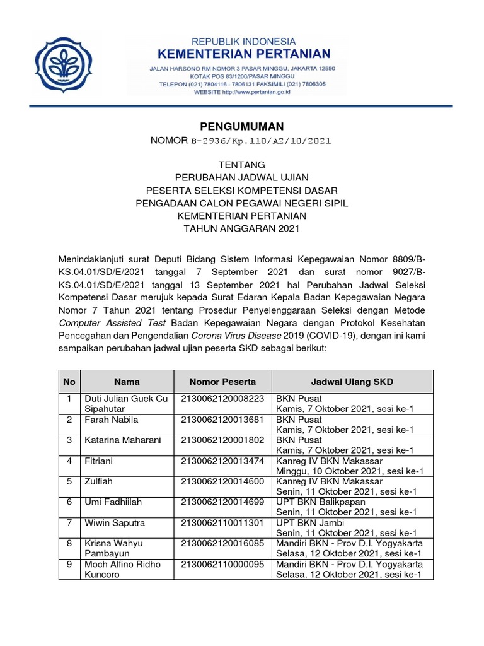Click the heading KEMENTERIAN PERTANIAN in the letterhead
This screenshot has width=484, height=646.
point(244,53)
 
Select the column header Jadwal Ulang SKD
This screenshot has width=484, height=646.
point(352,382)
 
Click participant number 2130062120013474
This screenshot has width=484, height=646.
point(222,461)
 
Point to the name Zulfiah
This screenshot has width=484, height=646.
point(99,481)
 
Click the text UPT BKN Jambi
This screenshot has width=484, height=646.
point(304,523)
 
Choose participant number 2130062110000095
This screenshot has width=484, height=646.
point(222,564)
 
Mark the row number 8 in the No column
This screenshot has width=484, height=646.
point(69,543)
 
